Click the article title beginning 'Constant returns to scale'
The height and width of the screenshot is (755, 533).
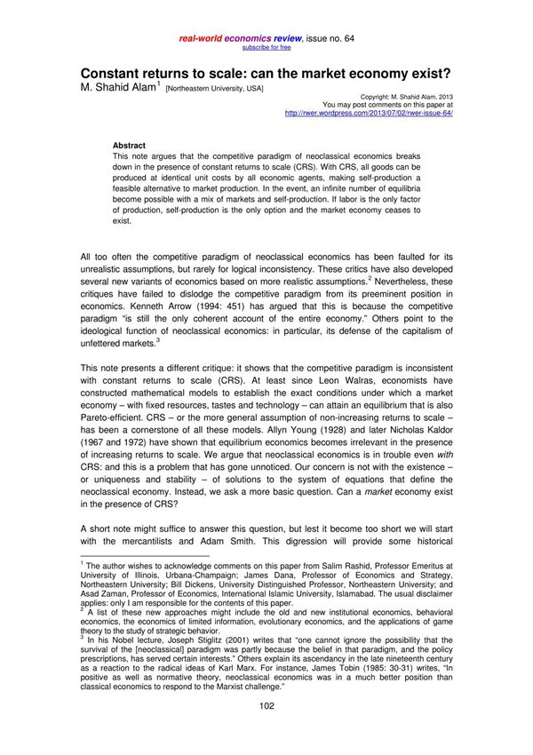pyautogui.click(x=266, y=74)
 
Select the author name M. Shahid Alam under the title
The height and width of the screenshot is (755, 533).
pyautogui.click(x=118, y=88)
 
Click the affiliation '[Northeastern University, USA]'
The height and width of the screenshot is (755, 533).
pyautogui.click(x=213, y=89)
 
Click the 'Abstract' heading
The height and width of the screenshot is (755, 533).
pyautogui.click(x=129, y=145)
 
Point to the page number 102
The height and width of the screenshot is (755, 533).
pyautogui.click(x=266, y=705)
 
